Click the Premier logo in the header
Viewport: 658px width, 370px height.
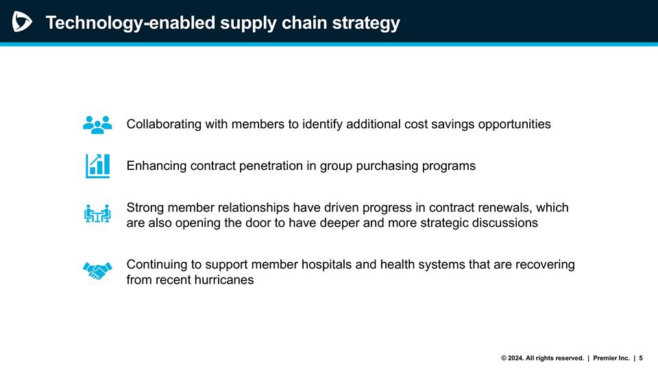coord(22,22)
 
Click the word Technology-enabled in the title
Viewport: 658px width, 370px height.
coord(129,23)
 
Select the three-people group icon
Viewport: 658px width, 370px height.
coord(97,124)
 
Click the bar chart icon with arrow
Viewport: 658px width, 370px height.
coord(97,166)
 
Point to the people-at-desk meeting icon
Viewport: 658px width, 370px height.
coord(97,214)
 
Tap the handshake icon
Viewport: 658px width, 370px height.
coord(97,271)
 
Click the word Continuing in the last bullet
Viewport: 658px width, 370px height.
coord(158,264)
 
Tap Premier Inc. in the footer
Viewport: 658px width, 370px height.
coord(611,358)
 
